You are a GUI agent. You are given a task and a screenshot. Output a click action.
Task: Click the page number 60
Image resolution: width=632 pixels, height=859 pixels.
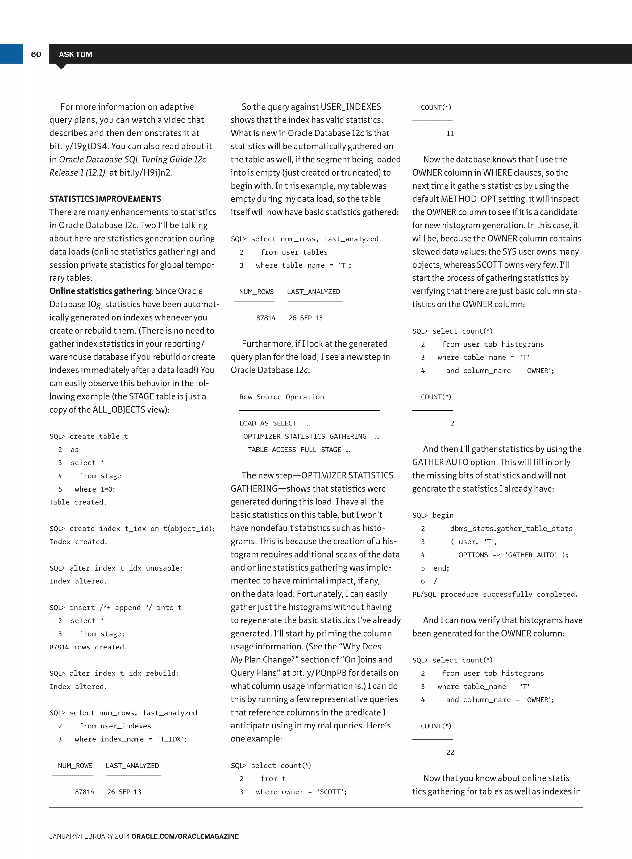point(36,54)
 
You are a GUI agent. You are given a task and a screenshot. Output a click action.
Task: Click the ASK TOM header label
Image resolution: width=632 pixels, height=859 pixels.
point(75,54)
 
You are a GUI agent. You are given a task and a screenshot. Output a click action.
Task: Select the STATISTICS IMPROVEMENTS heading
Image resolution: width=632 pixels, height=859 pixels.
point(105,199)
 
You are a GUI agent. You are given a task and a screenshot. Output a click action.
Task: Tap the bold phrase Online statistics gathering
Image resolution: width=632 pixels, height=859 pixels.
point(101,291)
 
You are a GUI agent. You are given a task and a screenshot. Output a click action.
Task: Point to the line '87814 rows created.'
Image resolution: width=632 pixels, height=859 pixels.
point(88,647)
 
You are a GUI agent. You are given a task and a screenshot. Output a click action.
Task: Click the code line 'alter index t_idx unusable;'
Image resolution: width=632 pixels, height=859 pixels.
point(116,568)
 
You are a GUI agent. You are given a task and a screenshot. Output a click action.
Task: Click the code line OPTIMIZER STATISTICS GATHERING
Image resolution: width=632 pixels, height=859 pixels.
point(305,436)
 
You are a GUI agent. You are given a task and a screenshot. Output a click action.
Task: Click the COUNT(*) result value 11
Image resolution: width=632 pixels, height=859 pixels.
point(450,134)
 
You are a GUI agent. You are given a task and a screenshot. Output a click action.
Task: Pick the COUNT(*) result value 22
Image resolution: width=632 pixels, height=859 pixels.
point(450,752)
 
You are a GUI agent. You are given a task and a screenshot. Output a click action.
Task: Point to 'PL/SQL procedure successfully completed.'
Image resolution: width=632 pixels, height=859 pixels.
point(495,594)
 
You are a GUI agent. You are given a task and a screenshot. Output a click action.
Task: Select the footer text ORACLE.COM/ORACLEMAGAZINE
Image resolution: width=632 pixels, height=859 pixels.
point(185,836)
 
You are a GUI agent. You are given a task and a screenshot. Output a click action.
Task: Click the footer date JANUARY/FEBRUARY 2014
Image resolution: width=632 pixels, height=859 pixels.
point(89,836)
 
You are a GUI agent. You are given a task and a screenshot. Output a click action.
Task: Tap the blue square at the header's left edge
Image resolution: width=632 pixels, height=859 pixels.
point(11,54)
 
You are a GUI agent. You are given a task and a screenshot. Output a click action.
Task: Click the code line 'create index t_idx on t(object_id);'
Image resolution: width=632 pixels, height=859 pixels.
point(132,529)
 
